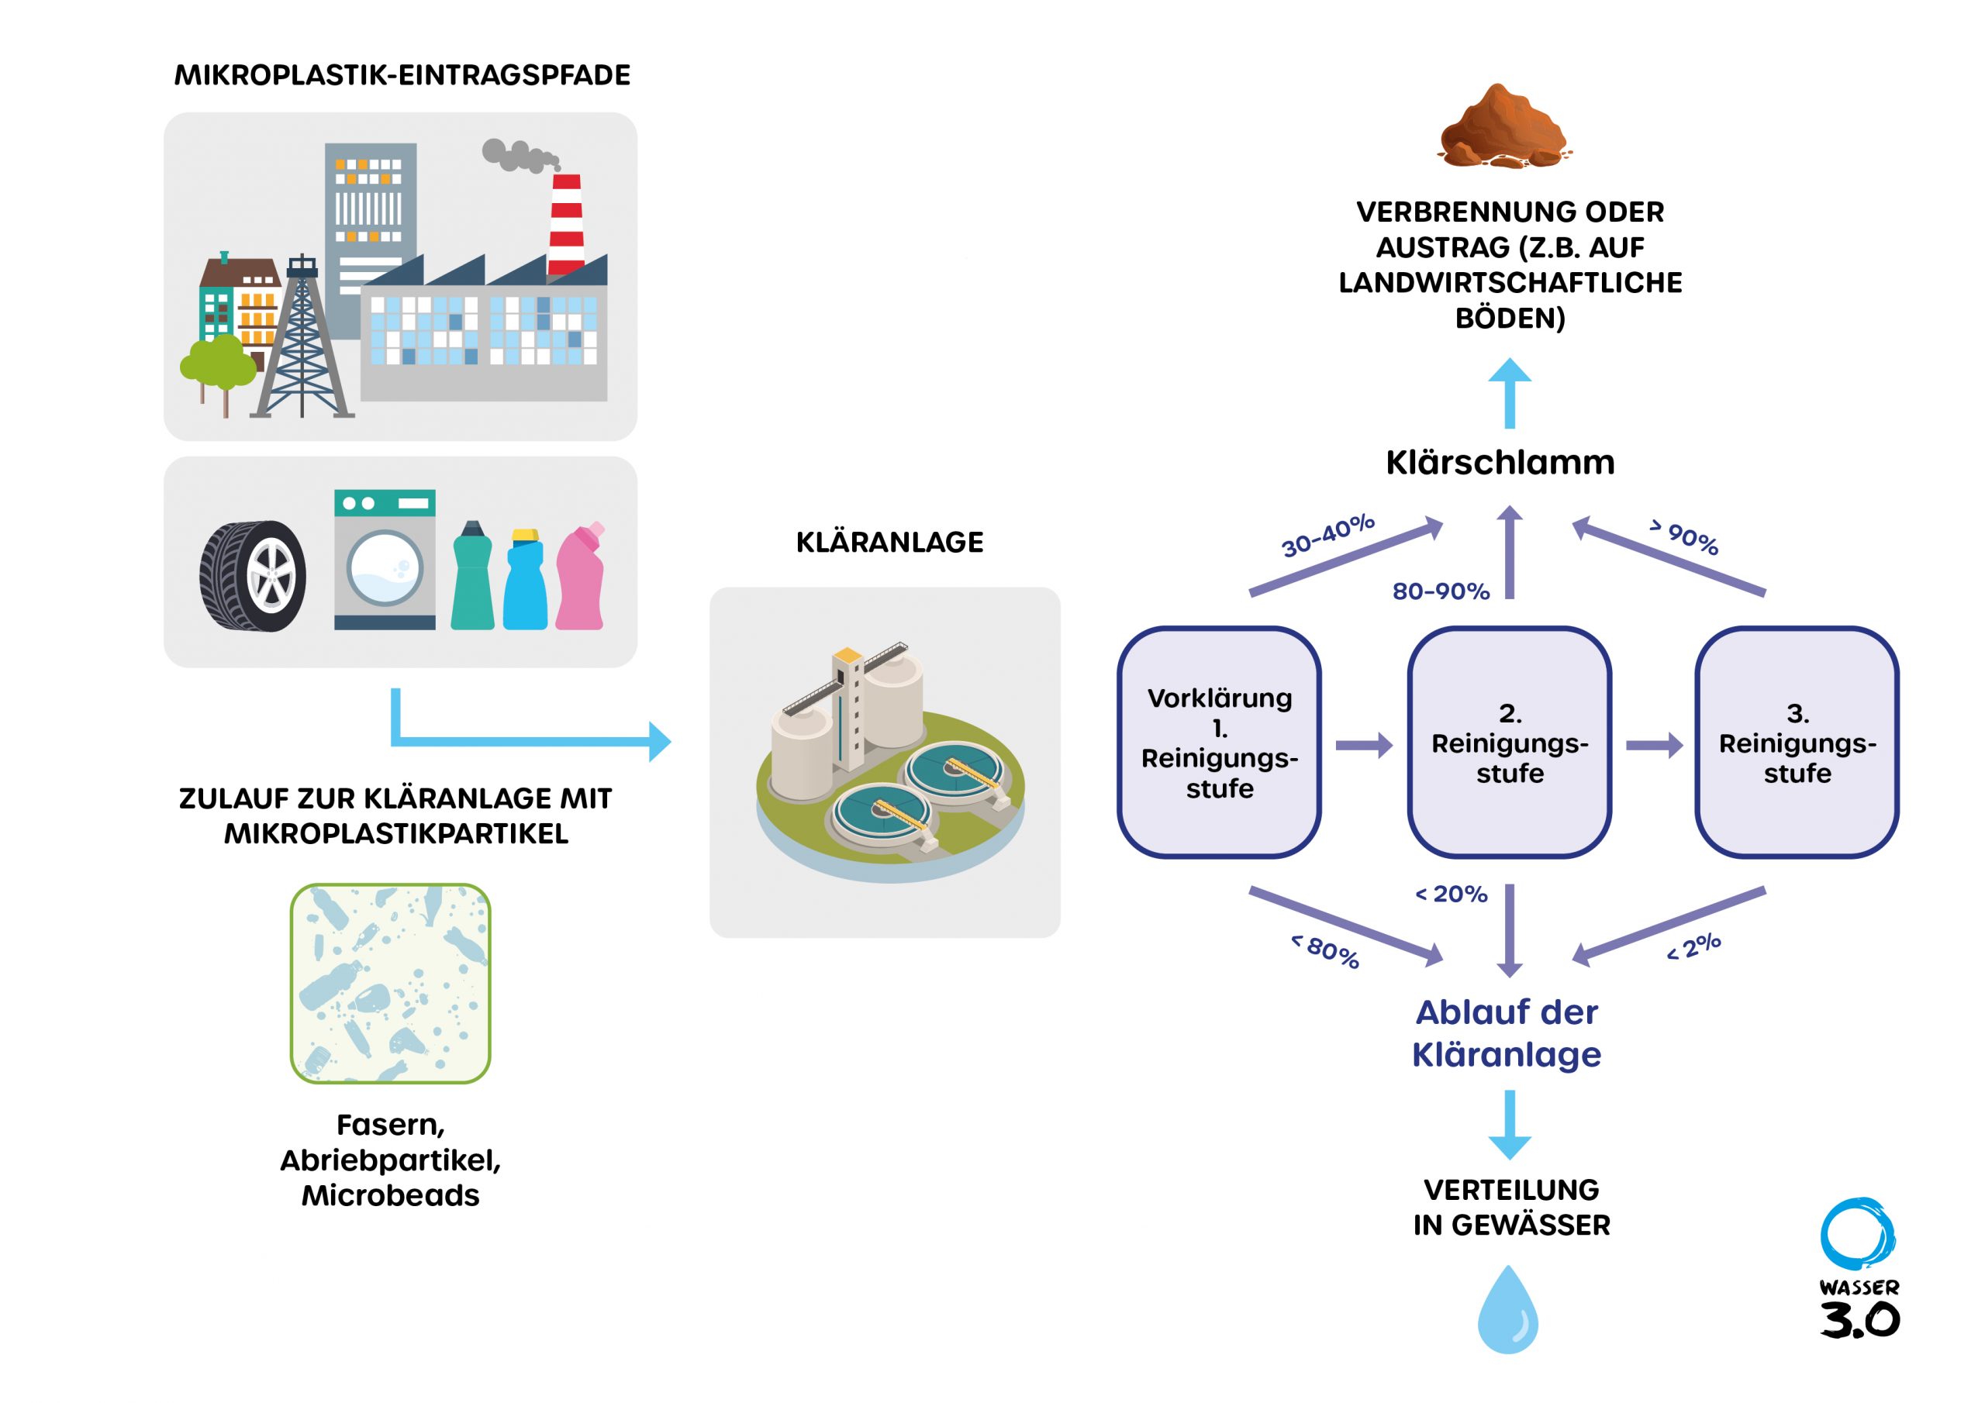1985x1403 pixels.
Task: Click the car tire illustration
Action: [253, 576]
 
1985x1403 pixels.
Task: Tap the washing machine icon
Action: [385, 560]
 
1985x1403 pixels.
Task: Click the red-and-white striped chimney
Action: [566, 224]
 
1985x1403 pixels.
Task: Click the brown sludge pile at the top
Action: [1503, 127]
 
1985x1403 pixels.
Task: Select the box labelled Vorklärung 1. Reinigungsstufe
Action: [1219, 743]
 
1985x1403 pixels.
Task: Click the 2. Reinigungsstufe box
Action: [1510, 743]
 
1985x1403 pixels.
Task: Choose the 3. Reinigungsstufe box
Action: [1797, 743]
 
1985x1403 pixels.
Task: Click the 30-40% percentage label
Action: [1327, 536]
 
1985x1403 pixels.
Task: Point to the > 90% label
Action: [1684, 537]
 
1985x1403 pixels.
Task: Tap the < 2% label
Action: [1693, 946]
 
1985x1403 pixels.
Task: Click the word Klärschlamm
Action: [1500, 463]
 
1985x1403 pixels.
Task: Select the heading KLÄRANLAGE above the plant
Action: [889, 542]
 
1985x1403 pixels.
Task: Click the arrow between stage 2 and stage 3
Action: [1654, 744]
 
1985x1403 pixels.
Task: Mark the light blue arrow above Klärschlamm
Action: [1510, 393]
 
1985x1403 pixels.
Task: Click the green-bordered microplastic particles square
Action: [390, 983]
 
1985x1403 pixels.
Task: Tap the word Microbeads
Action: [390, 1195]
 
